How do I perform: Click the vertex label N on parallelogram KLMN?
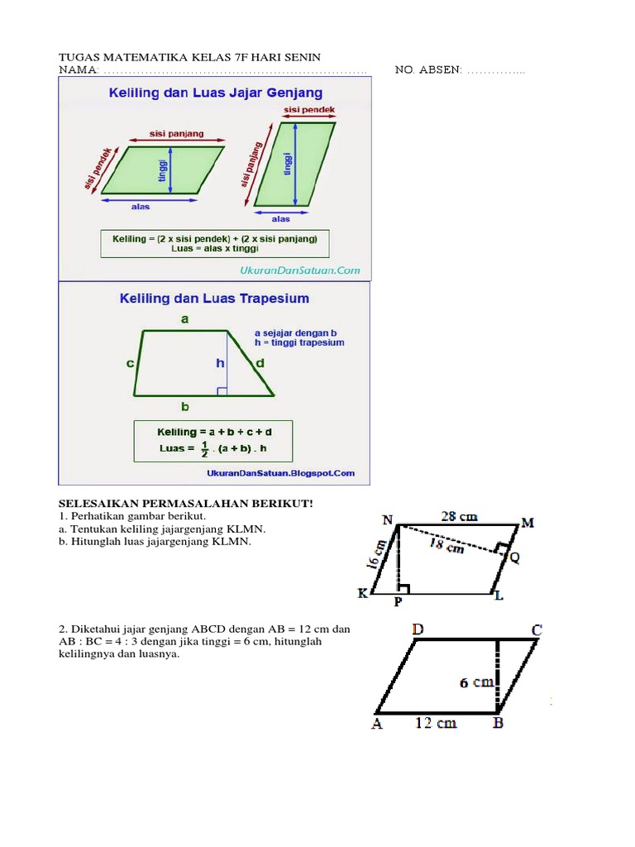(387, 519)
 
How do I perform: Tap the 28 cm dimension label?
(458, 516)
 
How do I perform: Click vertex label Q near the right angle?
(514, 557)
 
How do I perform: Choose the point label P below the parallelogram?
(398, 601)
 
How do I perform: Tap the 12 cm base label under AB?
(435, 722)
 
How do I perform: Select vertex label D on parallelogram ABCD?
(418, 630)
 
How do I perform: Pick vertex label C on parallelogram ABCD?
(537, 630)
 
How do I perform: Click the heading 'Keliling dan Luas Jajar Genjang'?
(216, 93)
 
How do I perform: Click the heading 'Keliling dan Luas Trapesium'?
(214, 299)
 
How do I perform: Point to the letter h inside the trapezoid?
(220, 363)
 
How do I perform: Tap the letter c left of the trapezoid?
(131, 363)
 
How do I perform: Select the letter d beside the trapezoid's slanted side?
(260, 363)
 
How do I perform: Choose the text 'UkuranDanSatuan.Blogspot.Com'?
(280, 473)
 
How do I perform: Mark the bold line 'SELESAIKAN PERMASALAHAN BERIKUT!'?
(185, 504)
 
